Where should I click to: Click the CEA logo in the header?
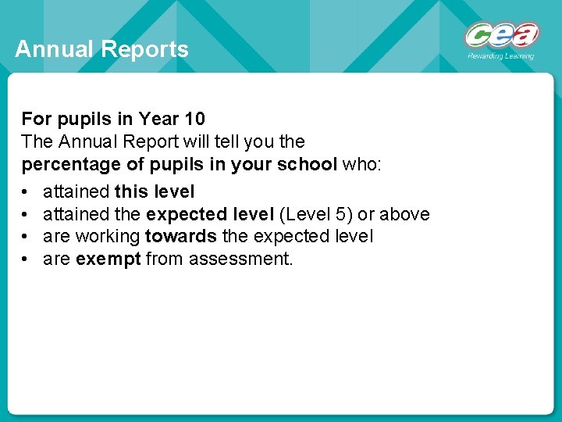(503, 36)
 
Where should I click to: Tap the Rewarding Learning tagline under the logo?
(501, 56)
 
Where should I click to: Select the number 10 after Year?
(195, 119)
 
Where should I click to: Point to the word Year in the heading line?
(158, 119)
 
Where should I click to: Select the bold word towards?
(181, 235)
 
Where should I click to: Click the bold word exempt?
(108, 258)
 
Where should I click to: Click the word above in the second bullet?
(404, 213)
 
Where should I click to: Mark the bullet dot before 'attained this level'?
(26, 191)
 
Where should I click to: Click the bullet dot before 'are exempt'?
(26, 258)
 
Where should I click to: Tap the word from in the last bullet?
(163, 258)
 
